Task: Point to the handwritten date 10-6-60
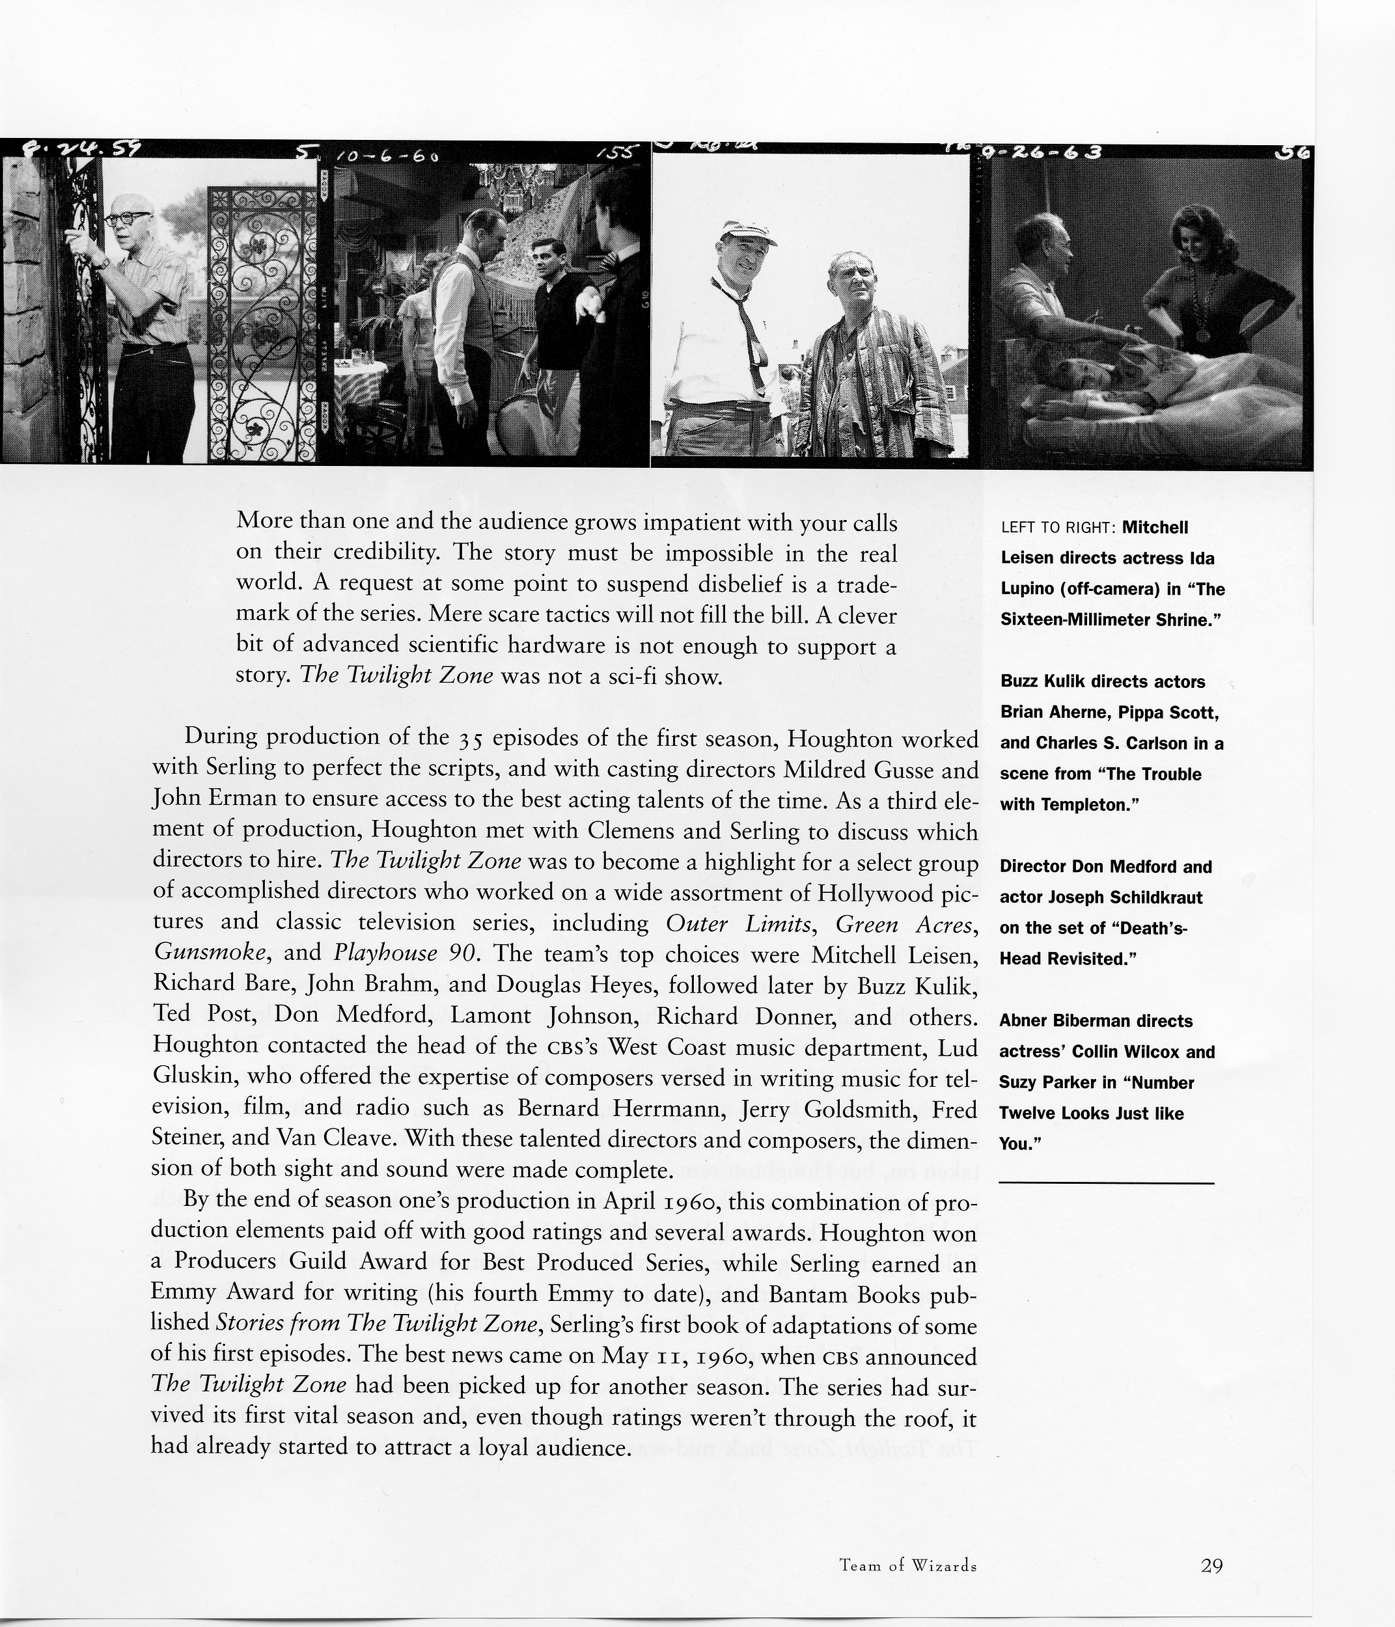tap(385, 156)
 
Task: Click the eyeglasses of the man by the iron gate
tap(126, 218)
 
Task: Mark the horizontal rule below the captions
tap(1106, 1183)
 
